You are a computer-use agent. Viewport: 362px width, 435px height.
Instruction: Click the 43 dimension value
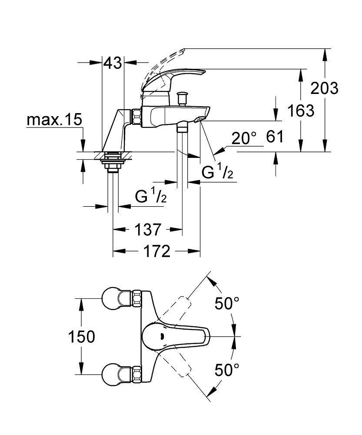113,64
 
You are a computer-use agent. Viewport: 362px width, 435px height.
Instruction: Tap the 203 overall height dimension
324,88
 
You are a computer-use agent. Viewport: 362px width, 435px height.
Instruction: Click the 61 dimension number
274,137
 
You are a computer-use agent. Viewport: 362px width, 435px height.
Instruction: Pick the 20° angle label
244,139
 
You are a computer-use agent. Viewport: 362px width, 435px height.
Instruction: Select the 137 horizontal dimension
148,229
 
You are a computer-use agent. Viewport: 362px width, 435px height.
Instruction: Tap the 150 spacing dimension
81,337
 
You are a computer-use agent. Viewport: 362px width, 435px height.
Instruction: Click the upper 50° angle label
227,304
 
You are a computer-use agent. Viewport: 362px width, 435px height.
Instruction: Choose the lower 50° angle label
227,370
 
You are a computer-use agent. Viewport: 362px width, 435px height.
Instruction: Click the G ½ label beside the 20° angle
218,172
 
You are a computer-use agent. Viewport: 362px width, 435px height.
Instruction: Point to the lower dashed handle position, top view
181,366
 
